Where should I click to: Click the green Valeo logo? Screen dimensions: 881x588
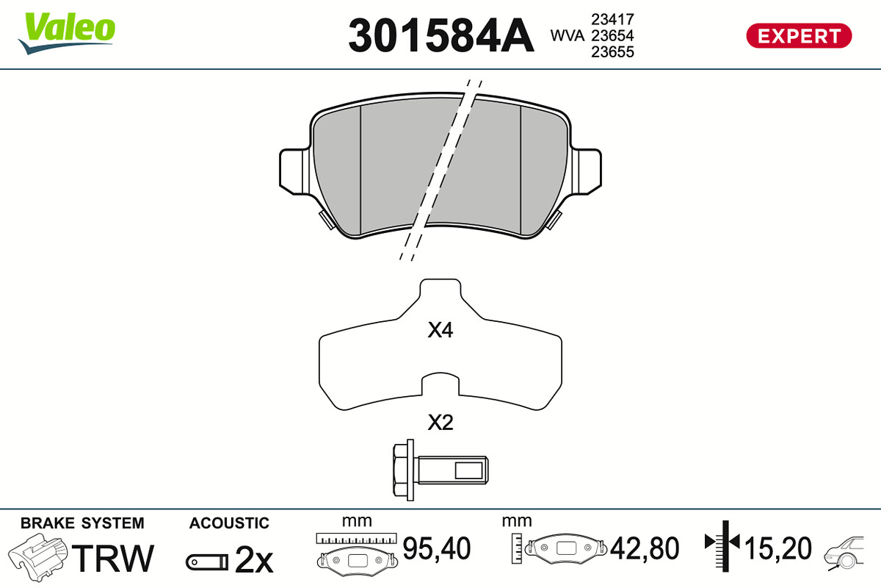pyautogui.click(x=67, y=32)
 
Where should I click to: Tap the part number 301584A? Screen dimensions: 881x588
pyautogui.click(x=441, y=36)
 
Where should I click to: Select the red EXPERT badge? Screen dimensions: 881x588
pyautogui.click(x=799, y=36)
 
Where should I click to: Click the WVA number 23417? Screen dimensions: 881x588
pyautogui.click(x=612, y=19)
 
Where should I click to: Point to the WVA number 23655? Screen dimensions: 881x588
pyautogui.click(x=612, y=52)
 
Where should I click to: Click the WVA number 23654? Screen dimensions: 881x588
pyautogui.click(x=612, y=35)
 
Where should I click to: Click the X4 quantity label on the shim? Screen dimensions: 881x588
pyautogui.click(x=440, y=330)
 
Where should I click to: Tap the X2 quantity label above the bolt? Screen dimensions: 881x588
pyautogui.click(x=440, y=423)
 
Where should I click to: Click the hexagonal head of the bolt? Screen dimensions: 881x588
pyautogui.click(x=400, y=470)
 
